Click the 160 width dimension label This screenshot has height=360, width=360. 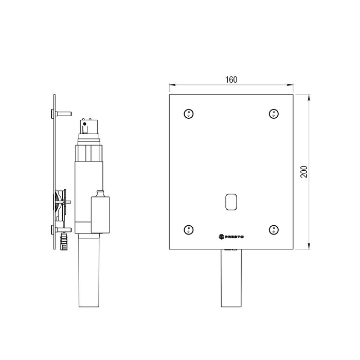pyautogui.click(x=231, y=80)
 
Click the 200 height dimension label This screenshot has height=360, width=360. pyautogui.click(x=304, y=171)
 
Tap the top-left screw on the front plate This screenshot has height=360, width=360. pyautogui.click(x=189, y=114)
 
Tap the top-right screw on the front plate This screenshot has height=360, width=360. pyautogui.click(x=274, y=114)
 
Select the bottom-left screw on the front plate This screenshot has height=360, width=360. pyautogui.click(x=189, y=229)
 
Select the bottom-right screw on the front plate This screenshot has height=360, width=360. pyautogui.click(x=274, y=229)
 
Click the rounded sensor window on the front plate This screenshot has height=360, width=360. pyautogui.click(x=231, y=202)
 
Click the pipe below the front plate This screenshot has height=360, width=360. pyautogui.click(x=231, y=278)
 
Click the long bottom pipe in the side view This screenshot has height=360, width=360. pyautogui.click(x=89, y=270)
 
